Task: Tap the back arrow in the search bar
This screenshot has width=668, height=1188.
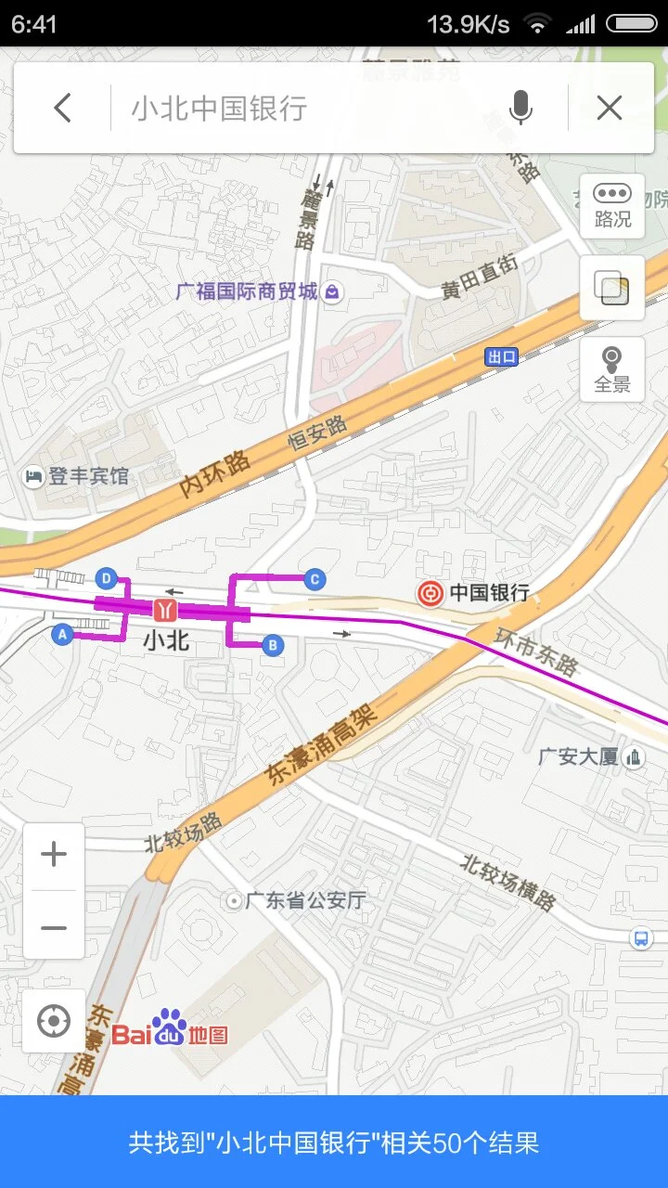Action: pyautogui.click(x=62, y=109)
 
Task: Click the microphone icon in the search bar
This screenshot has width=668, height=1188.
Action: pyautogui.click(x=521, y=109)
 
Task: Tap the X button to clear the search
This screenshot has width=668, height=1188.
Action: pyautogui.click(x=609, y=109)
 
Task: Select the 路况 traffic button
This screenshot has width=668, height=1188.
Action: pyautogui.click(x=612, y=206)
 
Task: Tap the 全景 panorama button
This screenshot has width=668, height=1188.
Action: pyautogui.click(x=612, y=369)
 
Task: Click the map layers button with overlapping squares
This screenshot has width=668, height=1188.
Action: pyautogui.click(x=612, y=289)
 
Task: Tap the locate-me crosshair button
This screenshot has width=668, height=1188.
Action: pyautogui.click(x=54, y=1021)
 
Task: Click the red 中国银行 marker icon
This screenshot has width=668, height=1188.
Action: pyautogui.click(x=430, y=593)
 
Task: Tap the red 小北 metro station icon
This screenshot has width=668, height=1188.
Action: pyautogui.click(x=166, y=610)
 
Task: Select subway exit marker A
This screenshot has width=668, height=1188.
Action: pyautogui.click(x=63, y=635)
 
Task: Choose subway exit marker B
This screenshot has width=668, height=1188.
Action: pyautogui.click(x=273, y=645)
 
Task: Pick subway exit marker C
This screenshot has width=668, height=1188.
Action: pyautogui.click(x=315, y=579)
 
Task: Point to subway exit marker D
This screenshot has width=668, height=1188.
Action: pyautogui.click(x=107, y=579)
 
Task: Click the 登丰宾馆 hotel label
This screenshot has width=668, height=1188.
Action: pyautogui.click(x=88, y=476)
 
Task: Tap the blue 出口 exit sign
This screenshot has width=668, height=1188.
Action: pyautogui.click(x=502, y=357)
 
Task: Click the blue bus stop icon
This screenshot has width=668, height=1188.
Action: pyautogui.click(x=641, y=937)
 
